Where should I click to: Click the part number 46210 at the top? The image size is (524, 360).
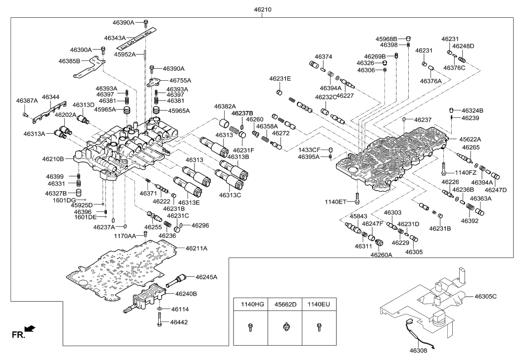262,9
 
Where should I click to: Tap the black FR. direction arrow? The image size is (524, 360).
30,328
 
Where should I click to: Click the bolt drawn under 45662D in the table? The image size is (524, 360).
285,326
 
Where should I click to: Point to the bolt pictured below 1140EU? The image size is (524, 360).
319,326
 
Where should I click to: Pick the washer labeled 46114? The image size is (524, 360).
159,309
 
